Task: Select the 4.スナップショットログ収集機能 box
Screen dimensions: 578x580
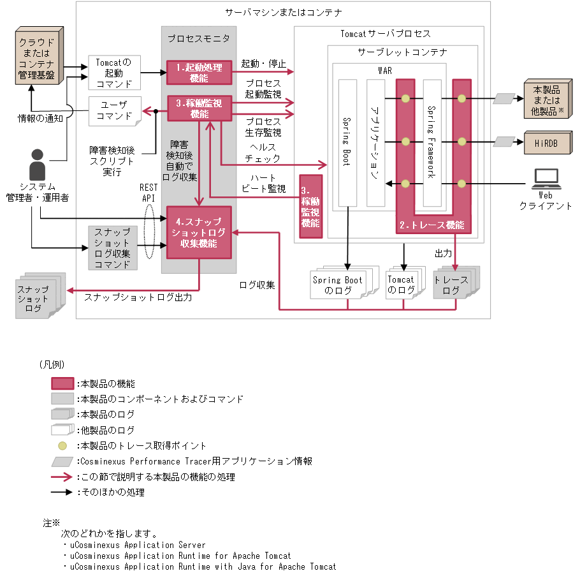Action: click(x=198, y=232)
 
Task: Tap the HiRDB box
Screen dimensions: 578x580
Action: click(x=545, y=144)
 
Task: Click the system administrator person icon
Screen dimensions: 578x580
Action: click(x=37, y=165)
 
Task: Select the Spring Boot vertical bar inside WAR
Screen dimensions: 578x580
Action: click(x=347, y=142)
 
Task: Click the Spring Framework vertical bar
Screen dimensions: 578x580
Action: click(x=432, y=142)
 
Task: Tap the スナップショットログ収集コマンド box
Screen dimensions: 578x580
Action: click(x=112, y=248)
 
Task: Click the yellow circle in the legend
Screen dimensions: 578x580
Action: click(x=62, y=445)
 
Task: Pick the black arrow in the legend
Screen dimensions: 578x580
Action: click(x=62, y=493)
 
